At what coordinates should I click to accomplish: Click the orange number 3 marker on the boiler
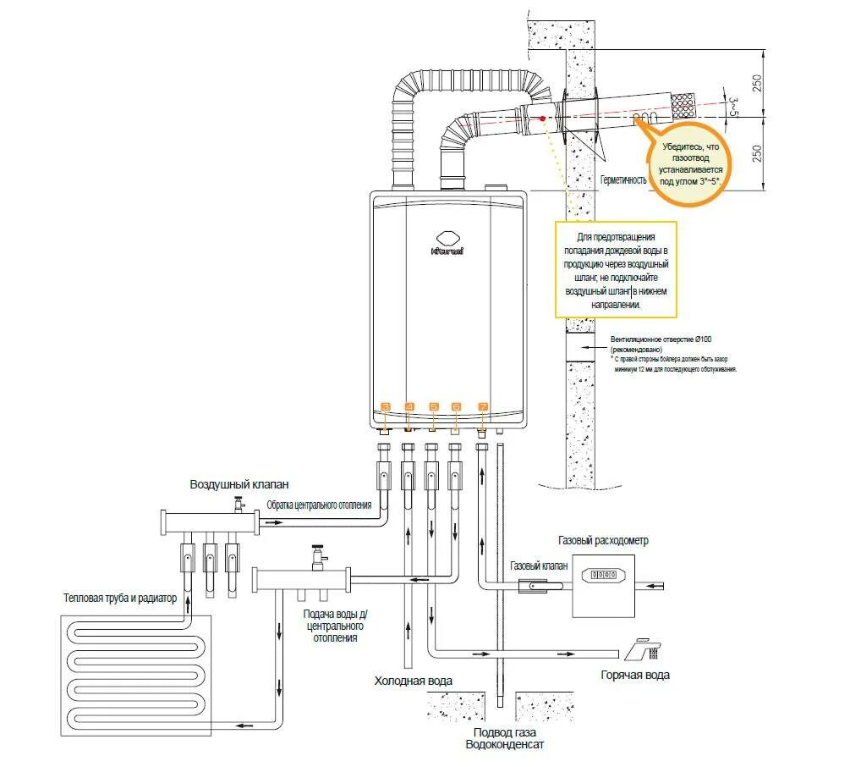tap(386, 407)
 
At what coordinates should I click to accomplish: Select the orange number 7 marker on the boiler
tap(483, 407)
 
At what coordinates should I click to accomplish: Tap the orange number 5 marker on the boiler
tap(434, 407)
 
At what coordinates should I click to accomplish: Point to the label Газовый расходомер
tap(603, 540)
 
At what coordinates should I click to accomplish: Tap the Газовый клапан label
tap(539, 566)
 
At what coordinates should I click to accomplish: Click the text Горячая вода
tap(635, 675)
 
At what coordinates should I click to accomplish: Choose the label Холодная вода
tap(414, 681)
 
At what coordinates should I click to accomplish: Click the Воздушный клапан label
tap(239, 484)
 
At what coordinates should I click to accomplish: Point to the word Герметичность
tap(623, 180)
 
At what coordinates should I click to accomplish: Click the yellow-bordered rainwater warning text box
tap(617, 270)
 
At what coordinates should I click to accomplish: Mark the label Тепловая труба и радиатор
tap(120, 598)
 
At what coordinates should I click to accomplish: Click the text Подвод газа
tap(504, 732)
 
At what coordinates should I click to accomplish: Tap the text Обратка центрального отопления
tap(319, 505)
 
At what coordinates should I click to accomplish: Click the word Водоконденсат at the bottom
tap(504, 745)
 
